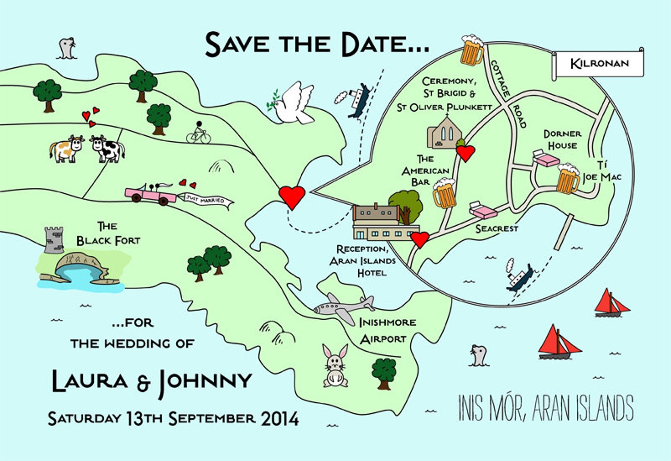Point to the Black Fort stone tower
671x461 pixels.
click(x=54, y=240)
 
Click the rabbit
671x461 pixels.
click(x=335, y=366)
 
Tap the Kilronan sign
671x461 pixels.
click(x=599, y=64)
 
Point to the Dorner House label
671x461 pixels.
click(x=562, y=140)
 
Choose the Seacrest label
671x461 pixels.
click(x=496, y=229)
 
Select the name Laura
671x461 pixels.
click(x=90, y=381)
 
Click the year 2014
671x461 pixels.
click(x=280, y=419)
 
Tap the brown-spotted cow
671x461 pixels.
click(x=66, y=149)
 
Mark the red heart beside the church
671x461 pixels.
click(x=466, y=153)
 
